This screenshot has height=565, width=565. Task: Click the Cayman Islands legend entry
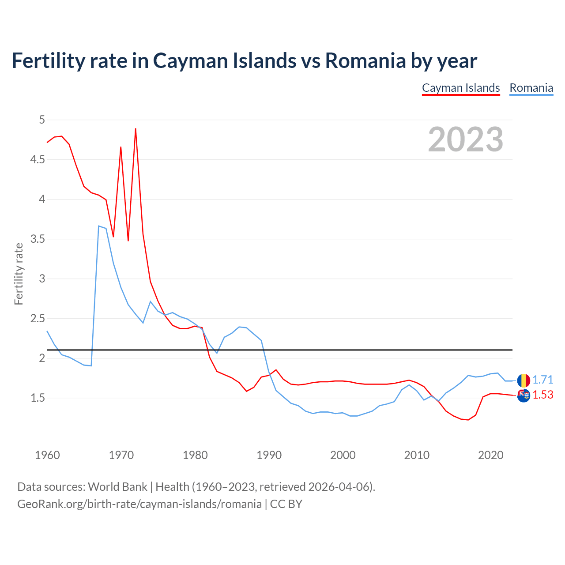[461, 88]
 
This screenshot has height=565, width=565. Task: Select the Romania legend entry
[531, 88]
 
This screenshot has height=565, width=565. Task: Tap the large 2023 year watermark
[466, 139]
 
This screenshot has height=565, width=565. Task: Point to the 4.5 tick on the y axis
[38, 159]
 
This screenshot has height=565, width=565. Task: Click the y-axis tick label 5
[42, 120]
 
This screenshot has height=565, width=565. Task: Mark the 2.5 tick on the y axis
[38, 318]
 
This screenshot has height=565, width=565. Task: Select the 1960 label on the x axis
[47, 455]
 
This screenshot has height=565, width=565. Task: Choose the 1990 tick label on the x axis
[269, 455]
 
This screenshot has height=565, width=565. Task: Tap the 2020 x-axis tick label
[490, 455]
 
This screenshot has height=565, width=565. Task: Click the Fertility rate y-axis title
[19, 274]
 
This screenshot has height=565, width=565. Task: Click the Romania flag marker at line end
[524, 380]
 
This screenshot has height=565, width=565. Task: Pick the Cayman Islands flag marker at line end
[524, 395]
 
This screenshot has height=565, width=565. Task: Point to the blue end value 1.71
[542, 380]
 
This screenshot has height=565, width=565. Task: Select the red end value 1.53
[542, 395]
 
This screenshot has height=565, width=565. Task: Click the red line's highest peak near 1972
[136, 129]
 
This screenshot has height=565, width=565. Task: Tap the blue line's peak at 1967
[99, 226]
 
